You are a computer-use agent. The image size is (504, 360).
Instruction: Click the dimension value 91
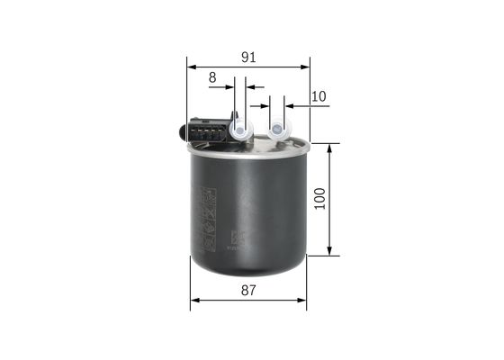pyautogui.click(x=249, y=57)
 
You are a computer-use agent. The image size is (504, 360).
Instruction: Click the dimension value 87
pyautogui.click(x=249, y=291)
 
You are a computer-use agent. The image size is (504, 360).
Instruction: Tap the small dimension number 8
pyautogui.click(x=212, y=78)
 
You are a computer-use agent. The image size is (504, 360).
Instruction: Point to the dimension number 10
pyautogui.click(x=318, y=95)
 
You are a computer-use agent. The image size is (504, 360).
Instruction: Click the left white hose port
pyautogui.click(x=240, y=130)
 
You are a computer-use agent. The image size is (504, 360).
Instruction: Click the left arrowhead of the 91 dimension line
pyautogui.click(x=191, y=67)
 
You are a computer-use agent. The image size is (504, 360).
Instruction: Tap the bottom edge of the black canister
pyautogui.click(x=248, y=274)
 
